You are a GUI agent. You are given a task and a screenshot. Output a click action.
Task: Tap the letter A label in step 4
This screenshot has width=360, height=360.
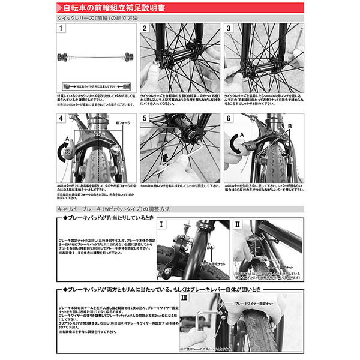point(62,144)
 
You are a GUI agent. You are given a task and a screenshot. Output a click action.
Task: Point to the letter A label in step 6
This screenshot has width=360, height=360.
point(242,136)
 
